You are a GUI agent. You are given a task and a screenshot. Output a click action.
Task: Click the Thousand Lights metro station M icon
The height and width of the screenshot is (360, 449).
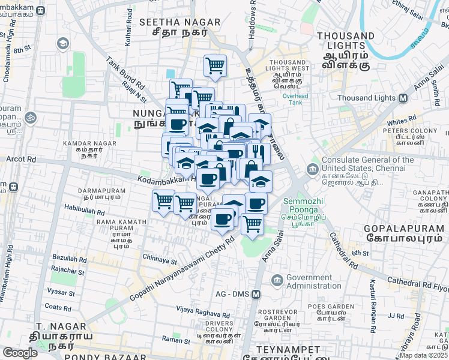[403, 98]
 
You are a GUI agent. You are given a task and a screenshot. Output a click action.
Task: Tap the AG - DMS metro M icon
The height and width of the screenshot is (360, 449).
[256, 294]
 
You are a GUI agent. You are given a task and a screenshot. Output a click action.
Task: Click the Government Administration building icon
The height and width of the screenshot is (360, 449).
[277, 280]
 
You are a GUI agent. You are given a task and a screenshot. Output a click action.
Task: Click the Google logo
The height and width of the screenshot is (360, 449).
[20, 353]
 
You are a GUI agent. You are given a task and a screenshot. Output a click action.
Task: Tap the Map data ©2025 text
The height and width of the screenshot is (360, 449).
[423, 355]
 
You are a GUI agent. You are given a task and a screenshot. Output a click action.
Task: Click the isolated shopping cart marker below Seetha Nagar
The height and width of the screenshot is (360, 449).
[215, 66]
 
